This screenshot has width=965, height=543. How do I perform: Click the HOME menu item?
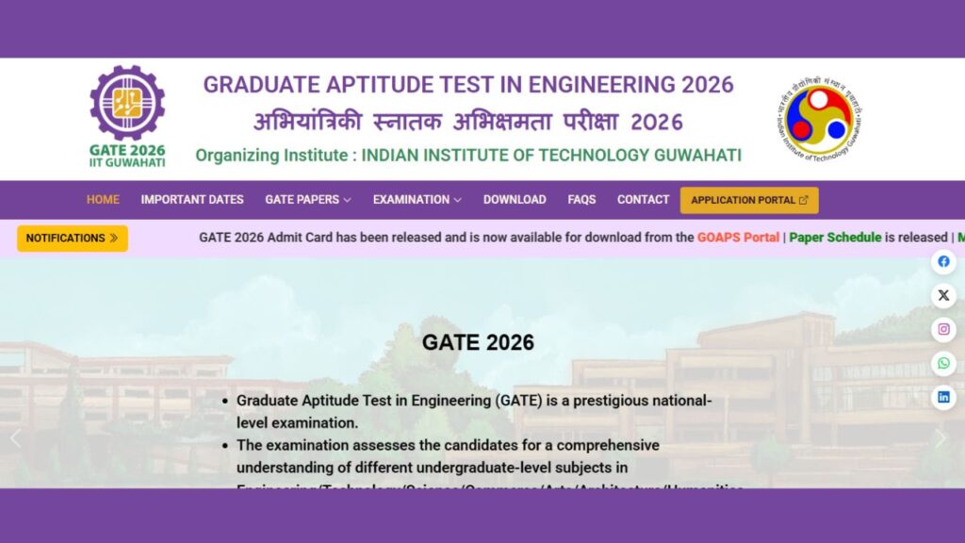(x=103, y=200)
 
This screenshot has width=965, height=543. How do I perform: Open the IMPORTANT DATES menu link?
(x=192, y=200)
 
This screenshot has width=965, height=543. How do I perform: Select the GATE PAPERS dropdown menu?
(x=308, y=200)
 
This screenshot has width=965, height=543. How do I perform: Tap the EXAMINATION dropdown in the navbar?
(x=417, y=200)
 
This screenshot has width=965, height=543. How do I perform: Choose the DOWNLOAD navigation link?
(x=515, y=200)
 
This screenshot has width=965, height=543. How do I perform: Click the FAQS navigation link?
(x=581, y=200)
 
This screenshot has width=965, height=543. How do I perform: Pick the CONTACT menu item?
(x=643, y=200)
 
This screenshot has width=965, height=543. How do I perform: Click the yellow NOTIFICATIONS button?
(x=73, y=239)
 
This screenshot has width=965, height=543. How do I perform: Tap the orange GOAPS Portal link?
(x=738, y=238)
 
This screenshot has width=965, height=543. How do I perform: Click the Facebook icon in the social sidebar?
(x=943, y=262)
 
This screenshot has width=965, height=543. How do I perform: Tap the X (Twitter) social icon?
(x=943, y=296)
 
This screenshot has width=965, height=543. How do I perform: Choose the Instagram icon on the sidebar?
(x=943, y=330)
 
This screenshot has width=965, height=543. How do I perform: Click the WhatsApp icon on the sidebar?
(x=943, y=364)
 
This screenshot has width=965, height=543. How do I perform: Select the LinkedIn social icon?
(x=943, y=398)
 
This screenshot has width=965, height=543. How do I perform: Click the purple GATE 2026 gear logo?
(x=127, y=104)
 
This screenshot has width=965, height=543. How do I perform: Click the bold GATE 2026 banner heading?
(x=478, y=343)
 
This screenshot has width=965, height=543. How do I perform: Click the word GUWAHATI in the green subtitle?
(x=696, y=156)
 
